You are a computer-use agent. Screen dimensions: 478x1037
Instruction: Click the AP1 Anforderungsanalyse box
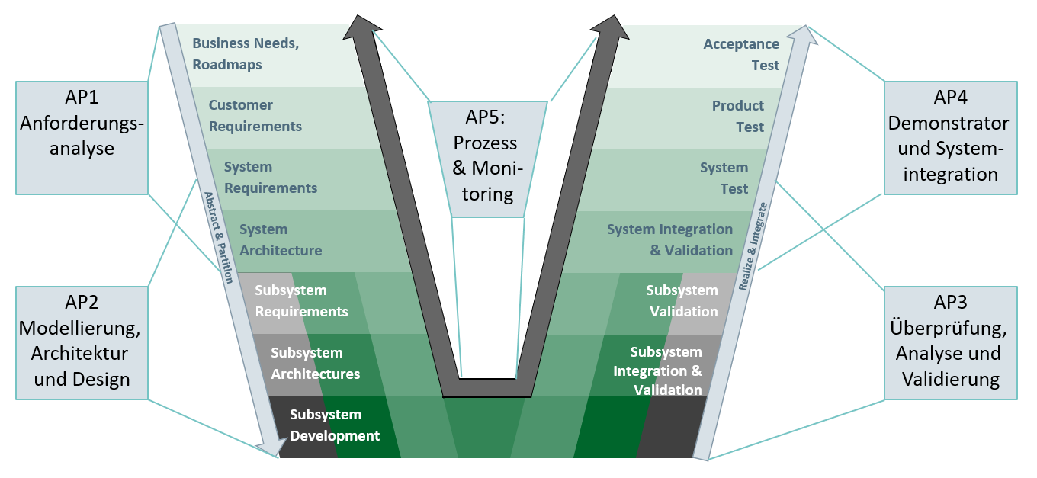pyautogui.click(x=82, y=136)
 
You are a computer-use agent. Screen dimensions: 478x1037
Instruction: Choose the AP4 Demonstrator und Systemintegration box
pyautogui.click(x=949, y=136)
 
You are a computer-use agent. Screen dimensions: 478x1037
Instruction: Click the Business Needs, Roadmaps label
pyautogui.click(x=246, y=54)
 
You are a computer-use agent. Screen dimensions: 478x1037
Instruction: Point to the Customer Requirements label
pyautogui.click(x=255, y=116)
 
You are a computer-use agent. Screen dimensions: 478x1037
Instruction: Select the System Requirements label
pyautogui.click(x=271, y=178)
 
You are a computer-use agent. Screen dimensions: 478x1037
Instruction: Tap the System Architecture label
pyautogui.click(x=281, y=240)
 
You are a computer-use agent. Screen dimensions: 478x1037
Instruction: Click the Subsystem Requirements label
pyautogui.click(x=301, y=301)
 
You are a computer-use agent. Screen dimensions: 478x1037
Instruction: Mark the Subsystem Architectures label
pyautogui.click(x=315, y=364)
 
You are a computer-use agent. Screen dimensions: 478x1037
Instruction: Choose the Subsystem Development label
pyautogui.click(x=334, y=425)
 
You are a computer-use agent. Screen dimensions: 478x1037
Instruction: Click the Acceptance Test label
pyautogui.click(x=741, y=54)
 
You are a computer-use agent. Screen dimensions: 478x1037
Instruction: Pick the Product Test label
pyautogui.click(x=738, y=116)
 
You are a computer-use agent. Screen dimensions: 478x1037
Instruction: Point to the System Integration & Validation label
pyautogui.click(x=669, y=240)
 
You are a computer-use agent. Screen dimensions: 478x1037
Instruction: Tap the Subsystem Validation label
pyautogui.click(x=682, y=301)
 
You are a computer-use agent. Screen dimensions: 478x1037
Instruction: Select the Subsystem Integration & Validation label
pyautogui.click(x=657, y=371)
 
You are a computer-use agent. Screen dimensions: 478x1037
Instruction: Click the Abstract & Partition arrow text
pyautogui.click(x=218, y=236)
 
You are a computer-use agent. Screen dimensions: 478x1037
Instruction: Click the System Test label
pyautogui.click(x=724, y=178)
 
